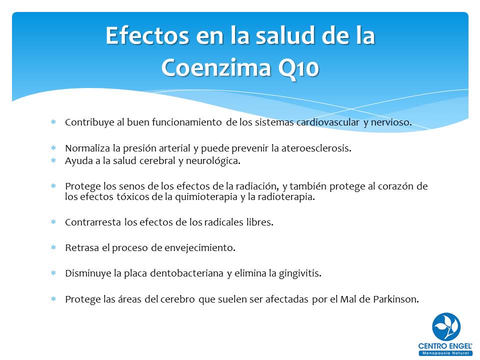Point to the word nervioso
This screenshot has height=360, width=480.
391,123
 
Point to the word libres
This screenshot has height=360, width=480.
260,222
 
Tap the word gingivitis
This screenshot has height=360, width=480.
298,273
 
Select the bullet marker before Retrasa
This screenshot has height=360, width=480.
53,247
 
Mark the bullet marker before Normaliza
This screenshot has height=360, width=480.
53,148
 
